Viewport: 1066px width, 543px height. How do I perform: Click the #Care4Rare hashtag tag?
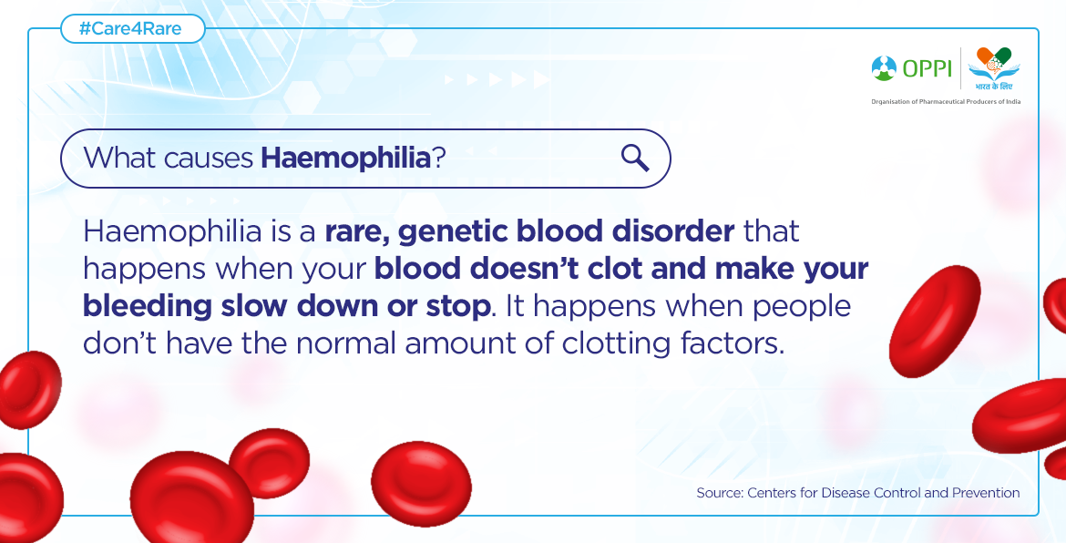coord(133,29)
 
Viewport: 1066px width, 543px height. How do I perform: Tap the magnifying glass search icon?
coord(635,159)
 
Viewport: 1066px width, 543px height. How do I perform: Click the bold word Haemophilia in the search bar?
coord(346,159)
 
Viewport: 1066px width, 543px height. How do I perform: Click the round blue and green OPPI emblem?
coord(884,68)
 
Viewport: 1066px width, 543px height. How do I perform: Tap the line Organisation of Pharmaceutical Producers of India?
coord(946,101)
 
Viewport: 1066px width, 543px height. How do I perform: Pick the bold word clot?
coord(610,269)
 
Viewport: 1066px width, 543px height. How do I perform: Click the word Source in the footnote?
coord(718,493)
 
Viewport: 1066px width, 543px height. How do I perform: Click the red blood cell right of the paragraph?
coord(935,320)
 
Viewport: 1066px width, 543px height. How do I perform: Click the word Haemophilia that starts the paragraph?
coord(172,232)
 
